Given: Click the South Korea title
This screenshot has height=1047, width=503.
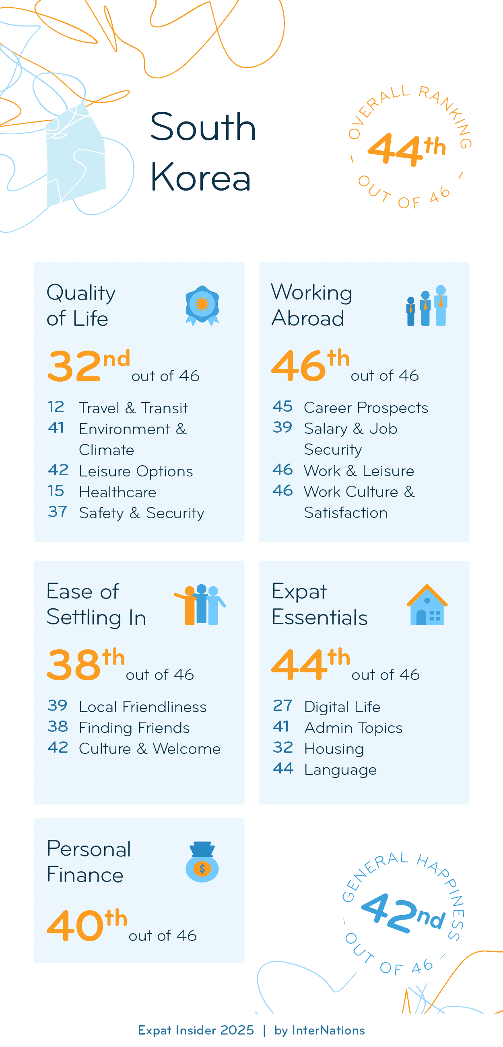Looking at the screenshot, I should (x=202, y=152).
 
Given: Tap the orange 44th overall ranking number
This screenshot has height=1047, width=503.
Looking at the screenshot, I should (x=406, y=150).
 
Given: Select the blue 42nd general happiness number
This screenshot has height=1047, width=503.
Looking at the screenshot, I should (x=402, y=913).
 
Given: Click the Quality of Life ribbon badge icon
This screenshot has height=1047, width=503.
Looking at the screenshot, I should (x=202, y=305).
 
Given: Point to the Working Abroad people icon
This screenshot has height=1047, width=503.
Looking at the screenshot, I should (x=427, y=306).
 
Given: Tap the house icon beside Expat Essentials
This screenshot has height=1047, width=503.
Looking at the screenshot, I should (x=427, y=605).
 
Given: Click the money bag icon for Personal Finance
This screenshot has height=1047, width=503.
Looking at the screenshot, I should (x=202, y=862).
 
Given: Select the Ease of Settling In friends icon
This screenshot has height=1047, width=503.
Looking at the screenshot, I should (x=200, y=605).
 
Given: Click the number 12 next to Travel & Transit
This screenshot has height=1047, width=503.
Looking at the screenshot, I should (x=56, y=407).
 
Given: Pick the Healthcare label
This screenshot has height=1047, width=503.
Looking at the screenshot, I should (x=118, y=492).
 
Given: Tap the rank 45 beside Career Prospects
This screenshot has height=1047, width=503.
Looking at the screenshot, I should (x=282, y=406).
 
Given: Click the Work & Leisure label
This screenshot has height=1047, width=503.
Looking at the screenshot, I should (x=359, y=471).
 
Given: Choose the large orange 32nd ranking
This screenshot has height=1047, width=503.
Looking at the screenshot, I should (x=88, y=366).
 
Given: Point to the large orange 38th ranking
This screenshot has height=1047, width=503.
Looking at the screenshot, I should (x=86, y=665).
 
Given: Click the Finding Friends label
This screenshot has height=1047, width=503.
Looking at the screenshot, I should (x=134, y=727).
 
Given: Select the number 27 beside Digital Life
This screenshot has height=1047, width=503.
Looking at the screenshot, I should (x=282, y=706).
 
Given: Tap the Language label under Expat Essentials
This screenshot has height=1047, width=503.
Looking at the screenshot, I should (x=340, y=770).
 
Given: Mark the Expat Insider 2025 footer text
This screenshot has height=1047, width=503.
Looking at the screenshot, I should (x=196, y=1030).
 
